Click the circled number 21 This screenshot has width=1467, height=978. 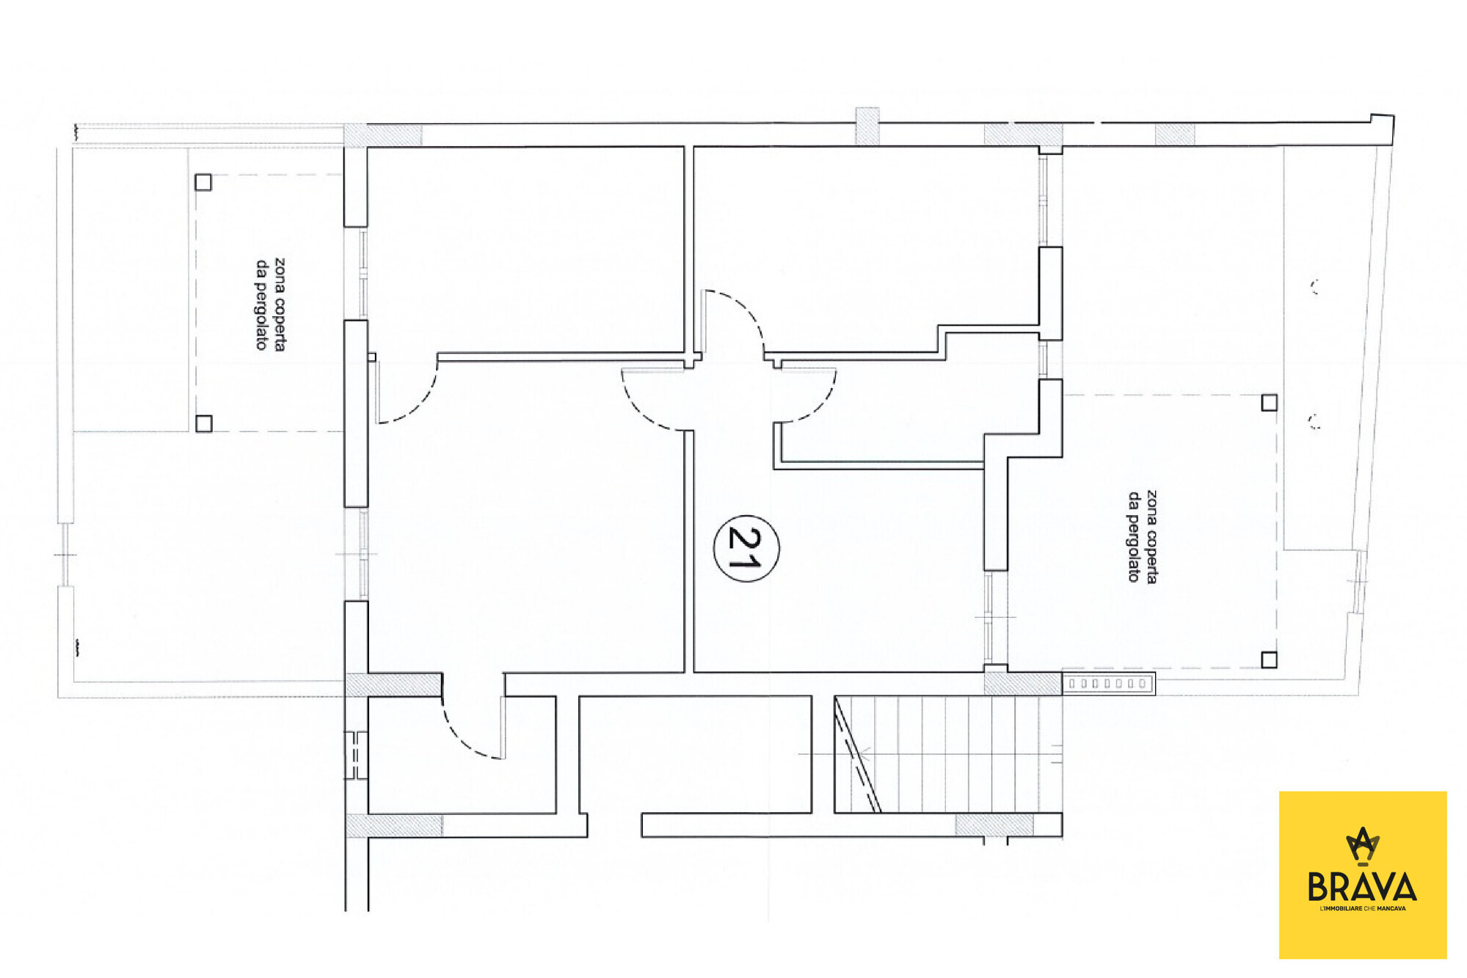(746, 548)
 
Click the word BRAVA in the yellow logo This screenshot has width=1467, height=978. (1362, 887)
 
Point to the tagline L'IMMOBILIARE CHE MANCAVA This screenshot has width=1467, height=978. (1363, 909)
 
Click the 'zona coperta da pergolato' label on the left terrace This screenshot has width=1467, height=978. (269, 304)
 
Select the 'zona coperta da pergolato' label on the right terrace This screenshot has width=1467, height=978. (1143, 536)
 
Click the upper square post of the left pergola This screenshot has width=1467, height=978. (203, 182)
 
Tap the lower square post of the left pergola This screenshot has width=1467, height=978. (204, 423)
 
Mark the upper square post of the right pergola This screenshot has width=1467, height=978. (1269, 402)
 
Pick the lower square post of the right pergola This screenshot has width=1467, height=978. (1269, 660)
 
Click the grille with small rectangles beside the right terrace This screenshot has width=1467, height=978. (1108, 684)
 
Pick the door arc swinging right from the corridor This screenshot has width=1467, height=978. (817, 406)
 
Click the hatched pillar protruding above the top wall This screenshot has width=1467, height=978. (867, 125)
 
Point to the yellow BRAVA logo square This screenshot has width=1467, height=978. (1363, 875)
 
